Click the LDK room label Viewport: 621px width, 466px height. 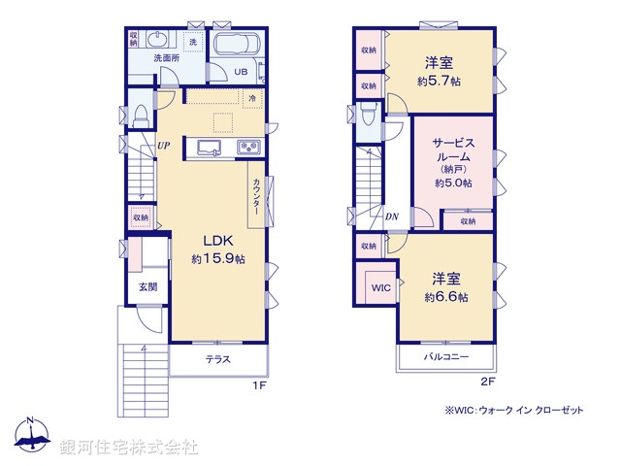216,242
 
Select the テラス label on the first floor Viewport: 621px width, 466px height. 217,360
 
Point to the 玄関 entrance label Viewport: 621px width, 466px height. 147,286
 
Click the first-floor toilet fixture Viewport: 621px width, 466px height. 139,113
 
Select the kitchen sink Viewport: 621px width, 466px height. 211,148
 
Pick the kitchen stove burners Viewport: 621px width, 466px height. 246,148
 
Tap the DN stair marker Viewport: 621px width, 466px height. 391,217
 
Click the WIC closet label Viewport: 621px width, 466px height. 378,287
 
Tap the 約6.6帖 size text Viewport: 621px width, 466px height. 449,297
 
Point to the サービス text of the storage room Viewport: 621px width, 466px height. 453,142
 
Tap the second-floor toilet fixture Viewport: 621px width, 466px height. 368,116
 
